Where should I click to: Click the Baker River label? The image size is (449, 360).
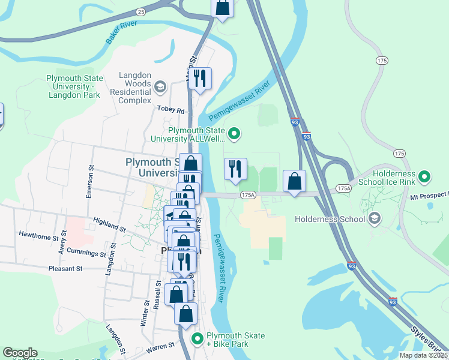(121, 32)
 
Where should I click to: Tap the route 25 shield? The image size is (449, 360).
(140, 11)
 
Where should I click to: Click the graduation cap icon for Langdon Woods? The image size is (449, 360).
(160, 88)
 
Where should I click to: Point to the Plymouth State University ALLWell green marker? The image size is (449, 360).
(235, 134)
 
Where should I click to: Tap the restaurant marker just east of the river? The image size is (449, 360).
(235, 169)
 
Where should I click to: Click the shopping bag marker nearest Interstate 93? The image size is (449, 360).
(294, 181)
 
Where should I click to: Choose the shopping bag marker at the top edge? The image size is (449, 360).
(222, 7)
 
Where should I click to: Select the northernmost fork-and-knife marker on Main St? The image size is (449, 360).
(200, 78)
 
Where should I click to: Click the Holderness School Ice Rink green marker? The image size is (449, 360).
(424, 176)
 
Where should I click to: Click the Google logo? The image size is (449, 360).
(20, 353)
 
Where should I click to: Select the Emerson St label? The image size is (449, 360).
(90, 182)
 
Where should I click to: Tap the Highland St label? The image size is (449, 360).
(109, 226)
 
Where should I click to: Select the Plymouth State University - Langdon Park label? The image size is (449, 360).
(75, 87)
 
